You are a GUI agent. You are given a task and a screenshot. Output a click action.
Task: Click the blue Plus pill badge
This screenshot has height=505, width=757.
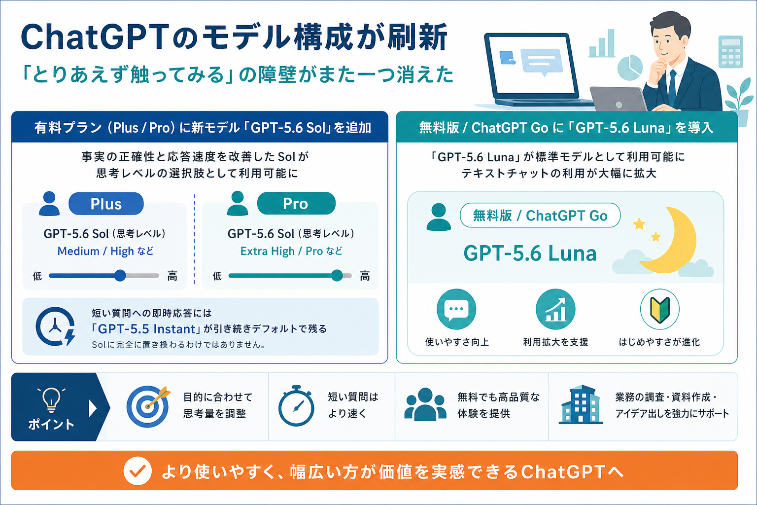pyautogui.click(x=106, y=204)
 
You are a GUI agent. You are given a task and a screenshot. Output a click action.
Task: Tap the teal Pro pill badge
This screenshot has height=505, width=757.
pyautogui.click(x=296, y=203)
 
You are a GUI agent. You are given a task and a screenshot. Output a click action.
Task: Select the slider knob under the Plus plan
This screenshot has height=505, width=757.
pyautogui.click(x=120, y=275)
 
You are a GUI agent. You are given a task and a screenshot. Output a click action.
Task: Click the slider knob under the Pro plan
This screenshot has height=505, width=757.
pyautogui.click(x=337, y=275)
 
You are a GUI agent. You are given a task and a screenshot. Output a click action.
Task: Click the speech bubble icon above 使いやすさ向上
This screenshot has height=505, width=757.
pyautogui.click(x=456, y=309)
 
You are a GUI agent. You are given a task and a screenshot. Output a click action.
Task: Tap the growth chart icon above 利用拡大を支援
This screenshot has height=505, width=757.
pyautogui.click(x=555, y=309)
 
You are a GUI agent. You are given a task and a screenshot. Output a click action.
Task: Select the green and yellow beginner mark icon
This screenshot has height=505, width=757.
pyautogui.click(x=660, y=309)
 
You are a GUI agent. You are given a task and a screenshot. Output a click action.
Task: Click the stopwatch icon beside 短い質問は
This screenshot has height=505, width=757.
pyautogui.click(x=296, y=406)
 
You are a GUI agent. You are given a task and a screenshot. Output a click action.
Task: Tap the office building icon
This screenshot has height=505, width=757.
pyautogui.click(x=581, y=404)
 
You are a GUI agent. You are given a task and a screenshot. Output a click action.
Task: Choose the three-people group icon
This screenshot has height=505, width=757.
pyautogui.click(x=425, y=404)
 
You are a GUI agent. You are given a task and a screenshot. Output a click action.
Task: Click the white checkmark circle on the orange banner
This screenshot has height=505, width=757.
pyautogui.click(x=138, y=471)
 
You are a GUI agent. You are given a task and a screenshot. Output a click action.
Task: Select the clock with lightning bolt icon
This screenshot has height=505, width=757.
pyautogui.click(x=56, y=327)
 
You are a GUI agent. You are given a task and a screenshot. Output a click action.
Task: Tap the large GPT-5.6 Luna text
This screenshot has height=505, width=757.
pyautogui.click(x=530, y=253)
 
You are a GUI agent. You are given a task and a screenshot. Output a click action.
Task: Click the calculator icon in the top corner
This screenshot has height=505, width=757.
pyautogui.click(x=731, y=52)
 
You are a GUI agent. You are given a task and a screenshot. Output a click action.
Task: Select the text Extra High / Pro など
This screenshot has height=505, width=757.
pyautogui.click(x=291, y=252)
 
